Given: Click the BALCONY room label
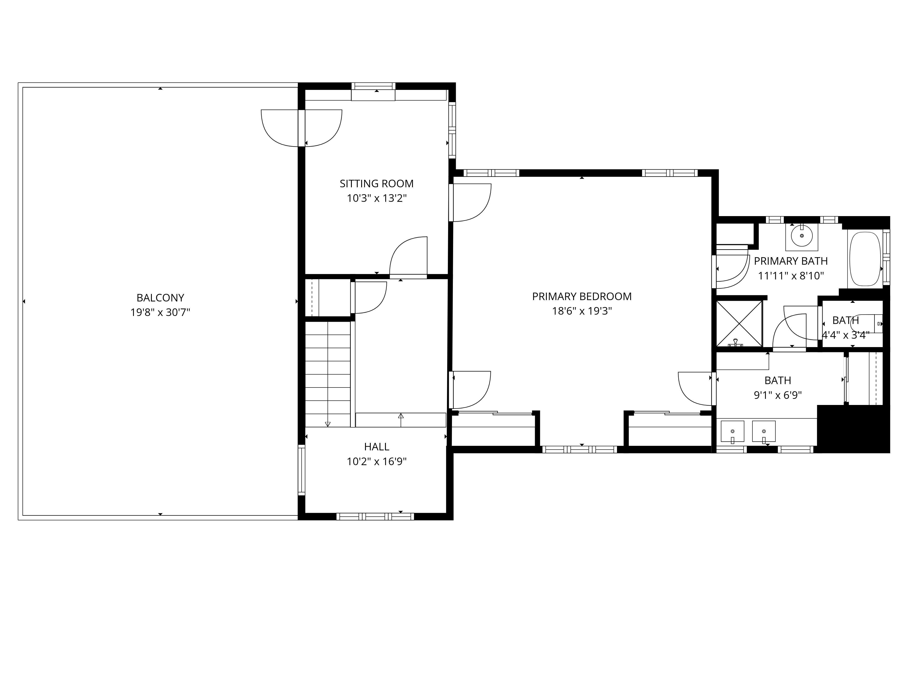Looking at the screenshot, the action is [x=160, y=298].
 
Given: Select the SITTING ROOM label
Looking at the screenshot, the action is [x=376, y=183].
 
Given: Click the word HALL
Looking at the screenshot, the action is [x=376, y=447].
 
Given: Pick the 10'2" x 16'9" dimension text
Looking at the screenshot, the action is [x=376, y=462].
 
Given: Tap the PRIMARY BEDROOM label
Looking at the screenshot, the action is [x=582, y=296].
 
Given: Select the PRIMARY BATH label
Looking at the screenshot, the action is [x=791, y=261].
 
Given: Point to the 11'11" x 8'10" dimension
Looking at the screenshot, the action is [x=791, y=276].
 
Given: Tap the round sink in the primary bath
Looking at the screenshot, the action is [x=802, y=236].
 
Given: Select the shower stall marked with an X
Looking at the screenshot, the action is [x=739, y=323].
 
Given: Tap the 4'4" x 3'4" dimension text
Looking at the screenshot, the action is [x=846, y=335].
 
